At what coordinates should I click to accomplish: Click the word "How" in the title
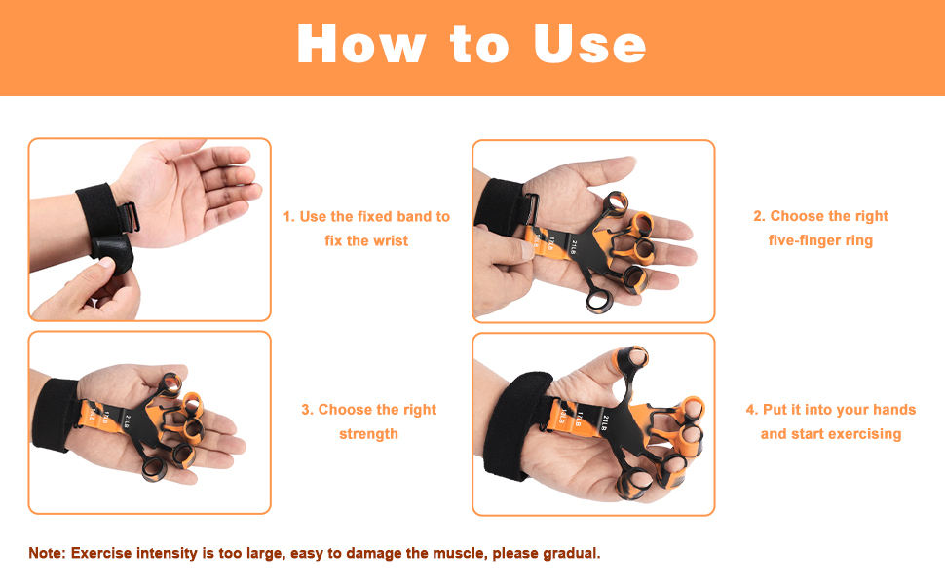tap(360, 45)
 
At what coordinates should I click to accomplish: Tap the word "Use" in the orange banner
tap(589, 45)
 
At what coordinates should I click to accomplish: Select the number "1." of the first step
tap(288, 216)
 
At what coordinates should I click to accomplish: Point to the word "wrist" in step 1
tap(391, 240)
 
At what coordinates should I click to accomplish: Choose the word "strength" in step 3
tap(368, 434)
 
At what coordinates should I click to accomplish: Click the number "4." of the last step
tap(752, 410)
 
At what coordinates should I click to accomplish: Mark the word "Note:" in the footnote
tap(47, 553)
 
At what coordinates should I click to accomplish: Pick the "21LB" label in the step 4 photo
tap(604, 420)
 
